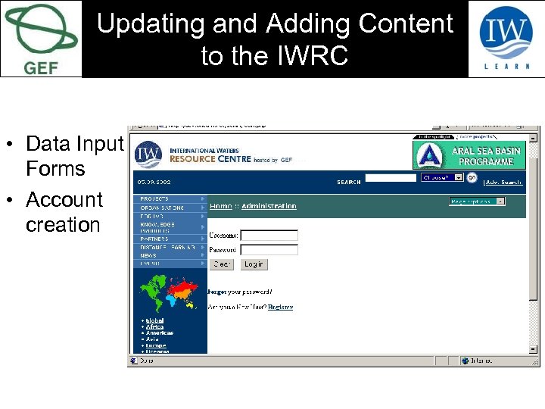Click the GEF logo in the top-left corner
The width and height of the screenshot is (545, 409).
tap(41, 38)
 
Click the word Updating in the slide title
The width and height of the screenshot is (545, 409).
tap(151, 23)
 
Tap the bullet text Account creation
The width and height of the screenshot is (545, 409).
tap(64, 212)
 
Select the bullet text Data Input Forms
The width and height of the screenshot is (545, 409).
tap(73, 155)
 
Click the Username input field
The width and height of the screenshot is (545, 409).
tap(269, 236)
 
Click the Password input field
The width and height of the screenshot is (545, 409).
tap(269, 249)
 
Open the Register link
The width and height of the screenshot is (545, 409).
tap(280, 307)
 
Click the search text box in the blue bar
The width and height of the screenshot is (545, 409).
tap(391, 180)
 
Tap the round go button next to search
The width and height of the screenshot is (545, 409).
tap(472, 178)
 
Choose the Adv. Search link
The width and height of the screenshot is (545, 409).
tap(503, 182)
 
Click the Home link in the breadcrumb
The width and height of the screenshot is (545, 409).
tap(221, 205)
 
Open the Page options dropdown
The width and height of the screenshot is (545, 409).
tap(477, 201)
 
